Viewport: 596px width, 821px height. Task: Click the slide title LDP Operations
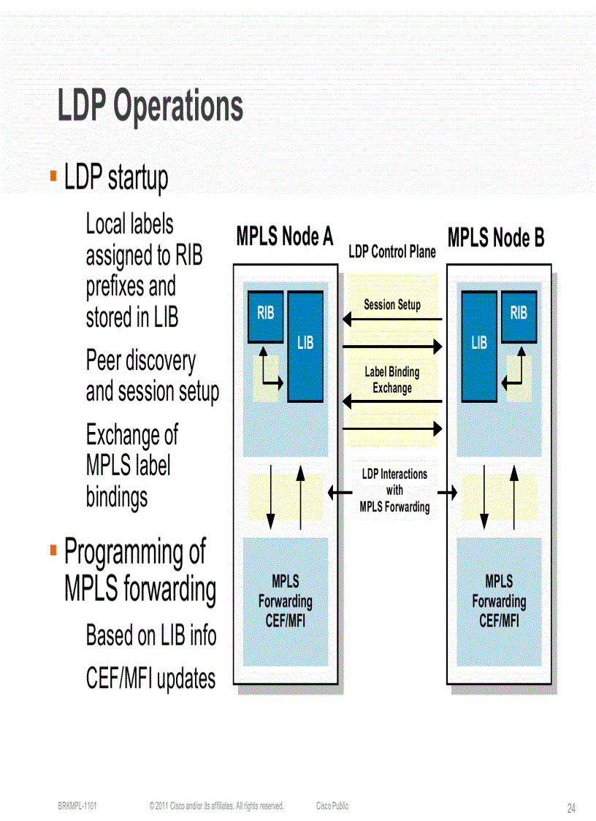coord(150,107)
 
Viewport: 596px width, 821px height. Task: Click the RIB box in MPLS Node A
coord(266,316)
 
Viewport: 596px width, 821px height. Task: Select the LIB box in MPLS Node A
coord(305,346)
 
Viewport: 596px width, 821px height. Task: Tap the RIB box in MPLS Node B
coord(519,316)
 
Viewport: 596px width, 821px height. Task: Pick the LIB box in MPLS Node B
coord(479,346)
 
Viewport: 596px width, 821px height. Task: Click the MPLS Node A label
coord(285,238)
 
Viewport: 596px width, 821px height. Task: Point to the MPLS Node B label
coord(495,238)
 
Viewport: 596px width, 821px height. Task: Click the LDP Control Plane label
coord(392,252)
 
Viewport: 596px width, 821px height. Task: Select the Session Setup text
coord(392,305)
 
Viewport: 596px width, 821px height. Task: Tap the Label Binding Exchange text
coord(392,380)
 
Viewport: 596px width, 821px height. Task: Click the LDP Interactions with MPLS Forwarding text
coord(394,491)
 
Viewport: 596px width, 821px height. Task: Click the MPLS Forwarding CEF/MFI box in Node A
coord(285,602)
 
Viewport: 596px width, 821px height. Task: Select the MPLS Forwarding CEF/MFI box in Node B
coord(499,602)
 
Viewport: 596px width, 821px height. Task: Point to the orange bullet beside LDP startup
coord(53,175)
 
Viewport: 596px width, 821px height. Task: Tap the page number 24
coord(571,809)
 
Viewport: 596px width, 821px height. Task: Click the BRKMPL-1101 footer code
coord(77,806)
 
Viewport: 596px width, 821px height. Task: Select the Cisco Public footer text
coord(332,806)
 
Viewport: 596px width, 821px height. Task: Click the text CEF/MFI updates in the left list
coord(150,679)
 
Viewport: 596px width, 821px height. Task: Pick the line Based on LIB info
coord(151,635)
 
